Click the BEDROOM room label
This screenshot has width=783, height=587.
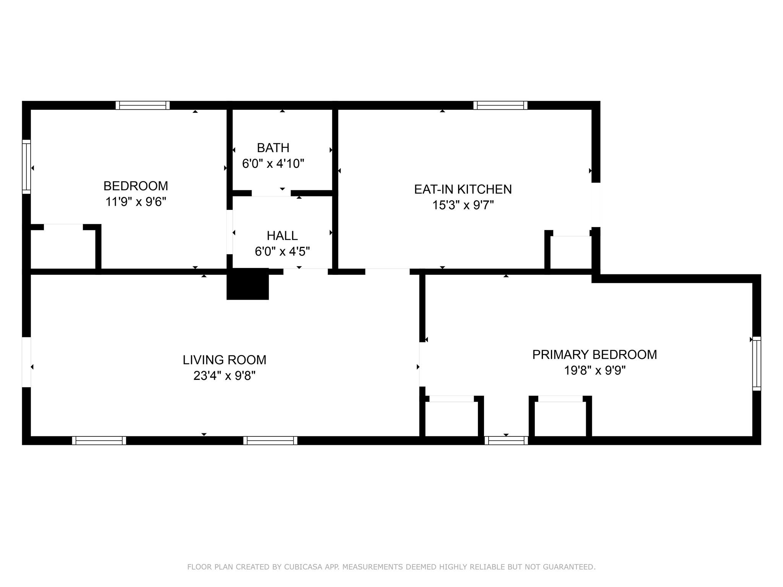point(135,186)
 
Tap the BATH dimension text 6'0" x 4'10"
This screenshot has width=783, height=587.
point(273,164)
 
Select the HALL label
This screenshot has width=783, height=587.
point(282,235)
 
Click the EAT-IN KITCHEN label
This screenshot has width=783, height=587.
point(463,189)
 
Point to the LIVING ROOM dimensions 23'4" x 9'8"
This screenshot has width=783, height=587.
point(224,376)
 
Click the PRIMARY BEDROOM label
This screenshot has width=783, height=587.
point(595,355)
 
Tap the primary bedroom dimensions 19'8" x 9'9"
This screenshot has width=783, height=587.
point(595,370)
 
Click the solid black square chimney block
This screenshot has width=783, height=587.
point(248,284)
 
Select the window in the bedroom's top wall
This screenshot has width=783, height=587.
point(143,105)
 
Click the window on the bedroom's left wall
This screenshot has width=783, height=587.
point(26,167)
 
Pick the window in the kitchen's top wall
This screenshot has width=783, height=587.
point(500,105)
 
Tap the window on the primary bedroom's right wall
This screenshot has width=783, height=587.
point(757,363)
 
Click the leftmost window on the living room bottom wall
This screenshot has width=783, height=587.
point(99,441)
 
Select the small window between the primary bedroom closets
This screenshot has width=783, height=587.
point(506,441)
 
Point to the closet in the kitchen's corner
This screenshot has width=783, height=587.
point(571,252)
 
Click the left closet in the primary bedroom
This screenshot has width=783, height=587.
point(452,418)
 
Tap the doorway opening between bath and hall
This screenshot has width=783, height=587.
point(271,193)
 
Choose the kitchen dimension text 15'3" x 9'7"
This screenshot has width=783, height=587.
point(463,205)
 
